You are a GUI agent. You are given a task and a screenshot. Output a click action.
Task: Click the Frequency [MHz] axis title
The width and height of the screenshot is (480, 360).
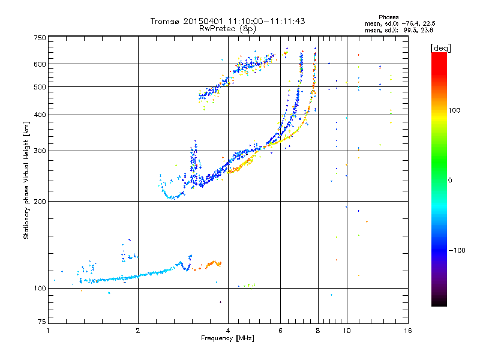[x=228, y=339]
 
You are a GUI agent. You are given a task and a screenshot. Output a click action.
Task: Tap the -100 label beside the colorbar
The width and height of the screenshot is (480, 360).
[x=457, y=250]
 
